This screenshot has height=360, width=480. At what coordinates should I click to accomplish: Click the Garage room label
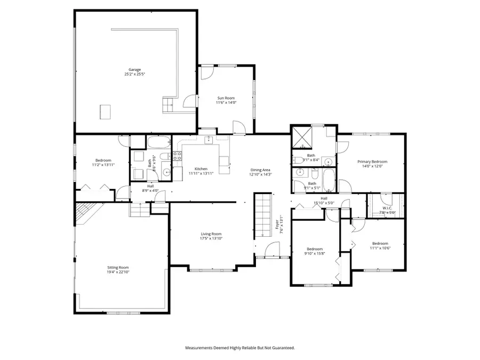pos(134,69)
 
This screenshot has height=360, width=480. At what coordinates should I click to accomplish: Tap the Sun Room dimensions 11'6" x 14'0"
pos(226,103)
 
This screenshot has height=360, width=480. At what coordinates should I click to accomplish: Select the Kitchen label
pos(201,169)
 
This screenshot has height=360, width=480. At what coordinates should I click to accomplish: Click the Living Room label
pos(211,234)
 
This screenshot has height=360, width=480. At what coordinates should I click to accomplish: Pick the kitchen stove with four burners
pos(177,156)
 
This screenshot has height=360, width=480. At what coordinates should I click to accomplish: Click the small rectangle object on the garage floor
pos(106,111)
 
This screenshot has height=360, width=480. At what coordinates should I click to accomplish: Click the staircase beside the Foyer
pos(262,215)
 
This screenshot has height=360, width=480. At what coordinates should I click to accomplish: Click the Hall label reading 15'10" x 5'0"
pos(324,203)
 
